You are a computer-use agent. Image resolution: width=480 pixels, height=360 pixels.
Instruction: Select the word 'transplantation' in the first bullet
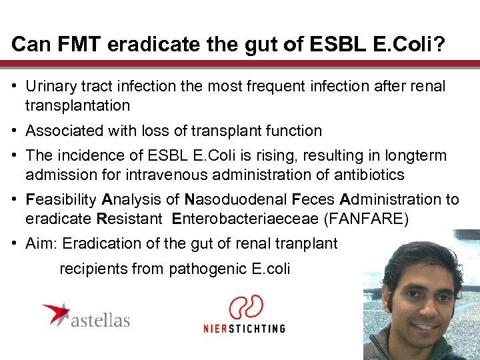pyautogui.click(x=77, y=105)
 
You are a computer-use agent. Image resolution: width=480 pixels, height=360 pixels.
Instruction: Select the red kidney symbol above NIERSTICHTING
pyautogui.click(x=245, y=309)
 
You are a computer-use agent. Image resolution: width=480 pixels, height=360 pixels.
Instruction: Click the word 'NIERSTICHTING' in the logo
pyautogui.click(x=244, y=328)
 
